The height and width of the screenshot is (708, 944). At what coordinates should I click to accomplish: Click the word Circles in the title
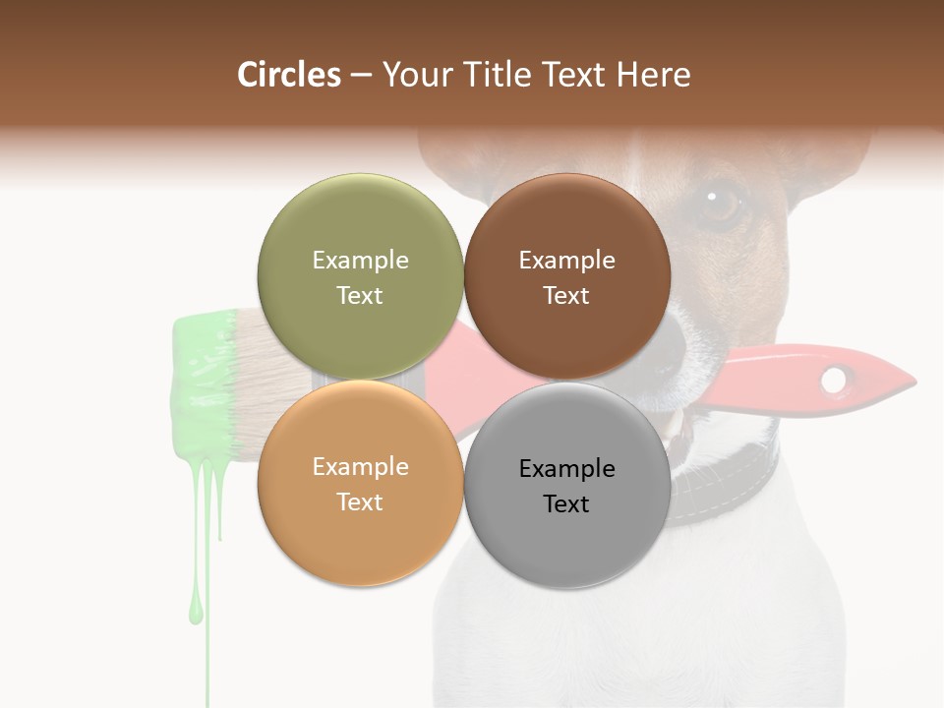289,75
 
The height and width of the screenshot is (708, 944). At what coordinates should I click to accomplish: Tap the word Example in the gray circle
566,468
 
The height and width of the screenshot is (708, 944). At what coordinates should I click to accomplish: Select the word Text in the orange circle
360,501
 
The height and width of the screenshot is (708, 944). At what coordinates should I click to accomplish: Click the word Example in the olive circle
360,260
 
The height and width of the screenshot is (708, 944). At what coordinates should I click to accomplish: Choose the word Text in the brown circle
566,295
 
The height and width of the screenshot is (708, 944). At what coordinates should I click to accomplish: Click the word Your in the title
413,75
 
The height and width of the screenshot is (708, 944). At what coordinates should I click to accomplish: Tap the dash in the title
360,75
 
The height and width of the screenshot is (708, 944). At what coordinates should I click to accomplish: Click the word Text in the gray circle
566,503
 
